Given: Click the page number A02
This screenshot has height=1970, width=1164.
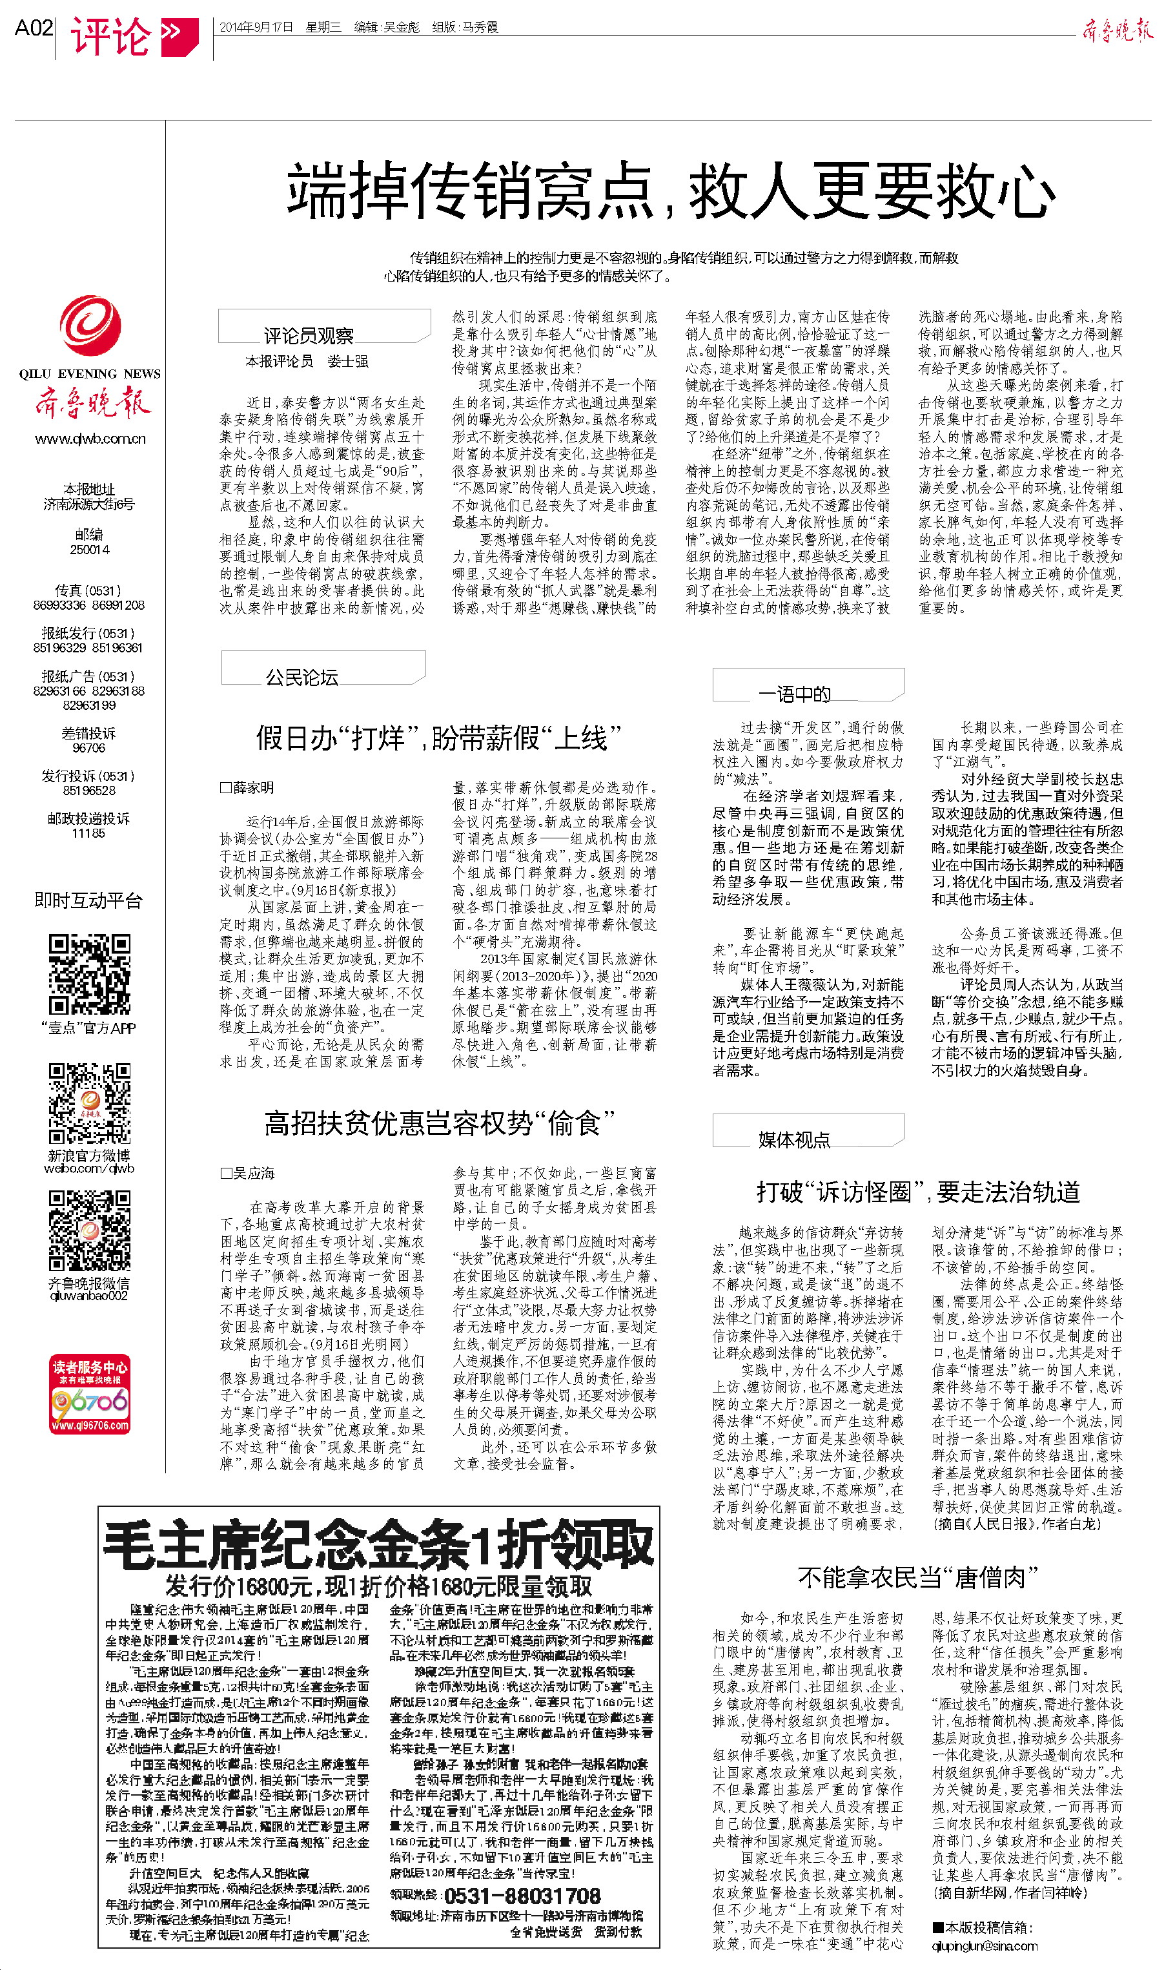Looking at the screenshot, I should (x=33, y=28).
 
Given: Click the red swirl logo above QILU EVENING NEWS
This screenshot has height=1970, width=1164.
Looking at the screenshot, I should (x=90, y=326).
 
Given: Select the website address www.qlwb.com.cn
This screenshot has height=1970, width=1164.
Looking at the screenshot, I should (x=90, y=439).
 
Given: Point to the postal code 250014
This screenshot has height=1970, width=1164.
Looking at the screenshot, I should (x=90, y=550).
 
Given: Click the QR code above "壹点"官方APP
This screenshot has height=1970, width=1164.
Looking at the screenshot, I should (x=90, y=973).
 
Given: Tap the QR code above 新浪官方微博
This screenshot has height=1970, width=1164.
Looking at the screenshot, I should (x=90, y=1103).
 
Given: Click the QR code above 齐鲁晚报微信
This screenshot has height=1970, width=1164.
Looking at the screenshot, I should (x=90, y=1230).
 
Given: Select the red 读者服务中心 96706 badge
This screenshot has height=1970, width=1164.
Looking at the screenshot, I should (x=90, y=1394).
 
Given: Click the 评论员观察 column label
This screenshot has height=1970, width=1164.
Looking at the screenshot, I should (x=308, y=336).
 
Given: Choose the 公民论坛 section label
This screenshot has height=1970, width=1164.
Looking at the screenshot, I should (x=302, y=677).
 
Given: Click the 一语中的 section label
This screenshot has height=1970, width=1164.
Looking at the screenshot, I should (x=795, y=694).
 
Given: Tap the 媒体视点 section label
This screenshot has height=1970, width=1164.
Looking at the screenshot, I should (x=794, y=1140).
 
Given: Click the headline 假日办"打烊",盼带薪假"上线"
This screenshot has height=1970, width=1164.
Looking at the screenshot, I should (x=438, y=738).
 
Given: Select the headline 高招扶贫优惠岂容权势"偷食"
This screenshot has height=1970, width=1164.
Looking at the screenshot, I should (x=438, y=1123).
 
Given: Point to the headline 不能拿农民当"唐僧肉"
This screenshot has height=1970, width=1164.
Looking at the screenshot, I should (x=918, y=1577).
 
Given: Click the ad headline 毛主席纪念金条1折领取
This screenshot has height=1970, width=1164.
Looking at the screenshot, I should (x=378, y=1544).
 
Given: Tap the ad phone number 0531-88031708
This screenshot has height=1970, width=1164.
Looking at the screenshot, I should (x=522, y=1896).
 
